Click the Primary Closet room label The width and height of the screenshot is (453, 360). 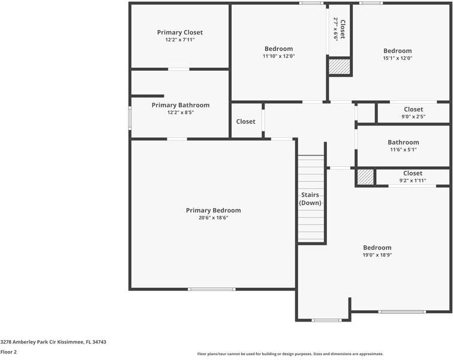click(180, 32)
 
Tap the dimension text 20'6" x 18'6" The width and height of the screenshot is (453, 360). click(213, 218)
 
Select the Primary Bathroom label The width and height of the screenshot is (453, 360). click(180, 105)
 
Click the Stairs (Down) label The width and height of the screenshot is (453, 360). click(310, 199)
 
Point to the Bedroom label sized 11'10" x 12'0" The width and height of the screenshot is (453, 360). click(278, 49)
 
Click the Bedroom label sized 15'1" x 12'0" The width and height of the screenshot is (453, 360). click(397, 51)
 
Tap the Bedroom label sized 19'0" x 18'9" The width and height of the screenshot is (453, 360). click(377, 247)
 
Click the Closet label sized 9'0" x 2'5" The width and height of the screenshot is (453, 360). click(413, 109)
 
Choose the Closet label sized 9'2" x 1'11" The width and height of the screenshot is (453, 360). click(413, 173)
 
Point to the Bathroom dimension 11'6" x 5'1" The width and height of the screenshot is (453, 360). click(403, 150)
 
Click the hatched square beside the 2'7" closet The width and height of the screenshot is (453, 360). click(339, 66)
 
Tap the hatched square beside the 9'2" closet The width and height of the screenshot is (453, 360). click(365, 178)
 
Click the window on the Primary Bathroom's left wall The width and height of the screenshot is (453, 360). click(130, 118)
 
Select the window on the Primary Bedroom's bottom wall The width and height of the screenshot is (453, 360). click(211, 289)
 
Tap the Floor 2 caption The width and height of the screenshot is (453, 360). click(8, 352)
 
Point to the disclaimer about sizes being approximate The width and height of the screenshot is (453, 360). click(290, 353)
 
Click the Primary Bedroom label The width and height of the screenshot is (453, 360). click(213, 210)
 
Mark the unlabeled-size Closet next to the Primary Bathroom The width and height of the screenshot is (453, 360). click(245, 121)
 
